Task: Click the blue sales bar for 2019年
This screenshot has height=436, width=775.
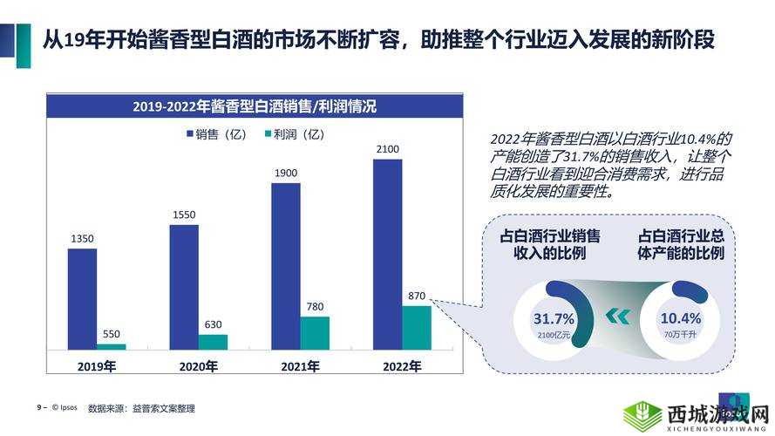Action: pos(83,299)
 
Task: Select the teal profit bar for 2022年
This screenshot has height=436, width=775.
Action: pos(416,328)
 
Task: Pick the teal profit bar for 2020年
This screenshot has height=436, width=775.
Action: pos(213,342)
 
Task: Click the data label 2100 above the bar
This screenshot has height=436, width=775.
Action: pos(387,149)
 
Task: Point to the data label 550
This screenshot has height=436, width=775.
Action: pos(112,334)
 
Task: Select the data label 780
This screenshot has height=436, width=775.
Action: pos(315,306)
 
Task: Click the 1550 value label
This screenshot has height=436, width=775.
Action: pos(184,215)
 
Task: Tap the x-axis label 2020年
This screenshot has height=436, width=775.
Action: pos(198,366)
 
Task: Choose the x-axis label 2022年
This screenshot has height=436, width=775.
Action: pos(402,366)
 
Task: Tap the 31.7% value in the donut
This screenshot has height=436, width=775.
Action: pos(554,318)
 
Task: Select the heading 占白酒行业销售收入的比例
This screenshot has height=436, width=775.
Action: pos(549,245)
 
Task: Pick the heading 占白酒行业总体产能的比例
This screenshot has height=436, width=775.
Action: pos(682,245)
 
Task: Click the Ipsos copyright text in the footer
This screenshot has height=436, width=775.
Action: pos(66,407)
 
